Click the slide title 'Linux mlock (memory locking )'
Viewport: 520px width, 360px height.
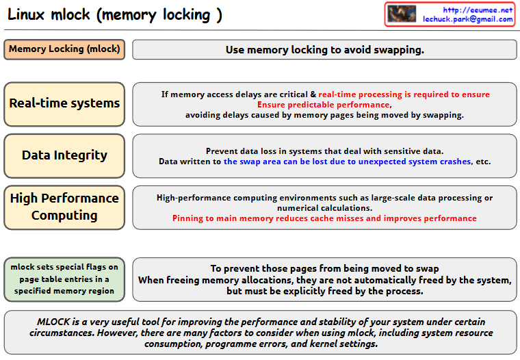tap(115, 15)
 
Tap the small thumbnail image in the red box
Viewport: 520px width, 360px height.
tap(402, 14)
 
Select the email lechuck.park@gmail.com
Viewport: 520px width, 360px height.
tap(467, 19)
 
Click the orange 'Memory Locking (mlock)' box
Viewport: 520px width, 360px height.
tap(64, 49)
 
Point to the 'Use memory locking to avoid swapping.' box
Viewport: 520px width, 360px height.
tap(324, 50)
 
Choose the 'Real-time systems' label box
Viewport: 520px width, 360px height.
tap(64, 103)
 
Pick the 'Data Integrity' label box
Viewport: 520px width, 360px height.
tap(64, 155)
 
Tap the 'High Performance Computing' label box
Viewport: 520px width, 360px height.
tap(64, 207)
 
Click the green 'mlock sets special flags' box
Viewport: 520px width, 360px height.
tap(64, 279)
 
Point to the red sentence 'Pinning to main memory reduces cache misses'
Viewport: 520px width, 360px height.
tap(324, 218)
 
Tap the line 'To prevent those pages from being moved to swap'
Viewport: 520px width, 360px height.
tap(324, 269)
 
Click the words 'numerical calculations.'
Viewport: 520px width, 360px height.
tap(324, 208)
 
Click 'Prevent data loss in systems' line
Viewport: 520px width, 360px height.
tap(324, 151)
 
